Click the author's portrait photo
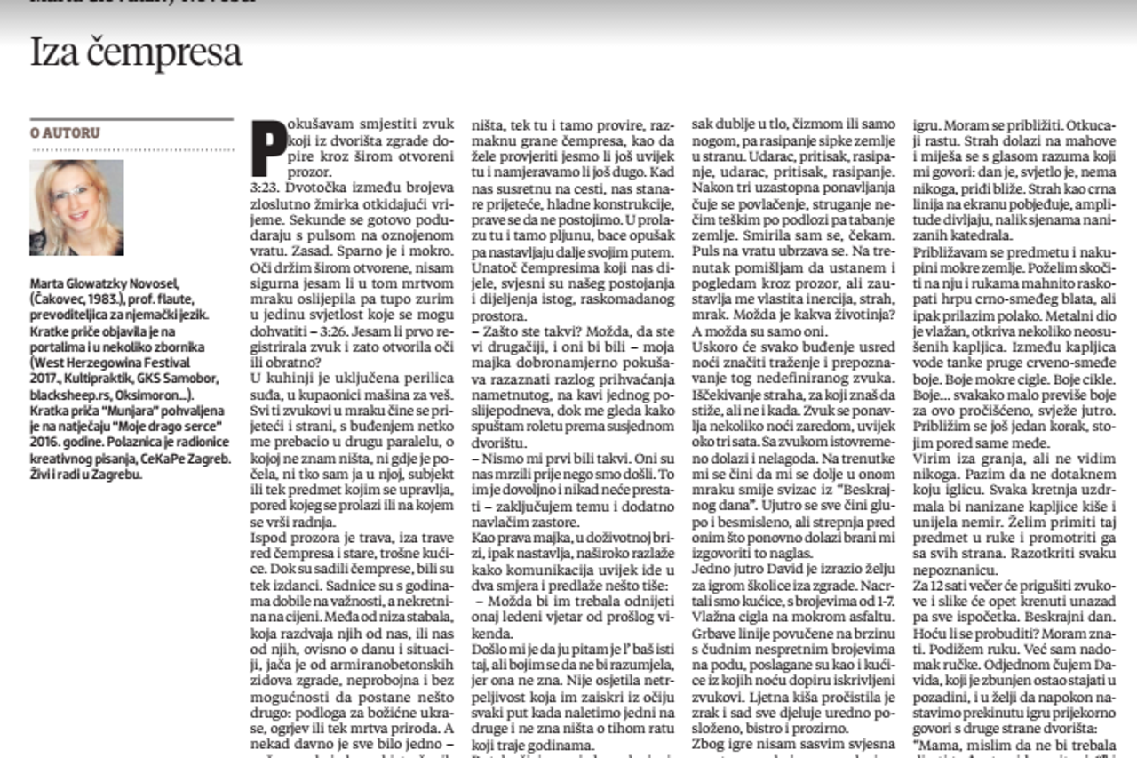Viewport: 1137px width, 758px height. pos(76,207)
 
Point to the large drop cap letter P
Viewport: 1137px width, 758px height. pos(268,148)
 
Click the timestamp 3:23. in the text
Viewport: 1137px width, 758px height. pos(267,188)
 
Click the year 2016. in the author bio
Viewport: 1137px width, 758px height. pos(48,441)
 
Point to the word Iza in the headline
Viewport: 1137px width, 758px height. pos(54,53)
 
